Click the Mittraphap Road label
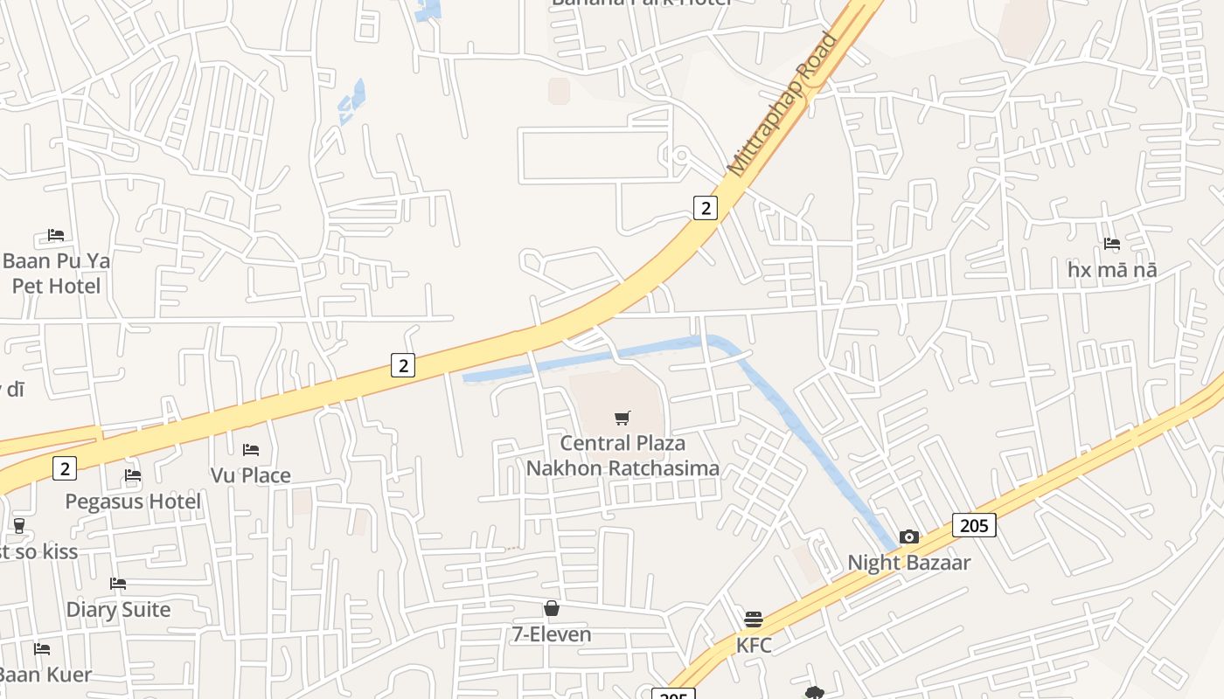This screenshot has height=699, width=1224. (782, 105)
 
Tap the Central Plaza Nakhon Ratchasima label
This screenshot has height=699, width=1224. (622, 455)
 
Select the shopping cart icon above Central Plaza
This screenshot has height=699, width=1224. (622, 419)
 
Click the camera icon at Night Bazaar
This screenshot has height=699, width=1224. (909, 536)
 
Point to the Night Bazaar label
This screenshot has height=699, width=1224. (909, 562)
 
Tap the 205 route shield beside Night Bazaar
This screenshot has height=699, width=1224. (973, 525)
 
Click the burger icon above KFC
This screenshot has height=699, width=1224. (754, 619)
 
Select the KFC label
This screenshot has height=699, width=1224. (754, 645)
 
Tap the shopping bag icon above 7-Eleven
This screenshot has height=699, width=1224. (552, 608)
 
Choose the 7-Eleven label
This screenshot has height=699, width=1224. (552, 633)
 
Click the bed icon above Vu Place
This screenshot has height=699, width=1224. (251, 450)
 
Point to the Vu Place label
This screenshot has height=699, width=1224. (251, 475)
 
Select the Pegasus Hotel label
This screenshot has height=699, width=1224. (133, 502)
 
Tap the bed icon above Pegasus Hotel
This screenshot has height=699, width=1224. (133, 475)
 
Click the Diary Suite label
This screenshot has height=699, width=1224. (118, 609)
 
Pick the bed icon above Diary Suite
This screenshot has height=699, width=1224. (118, 584)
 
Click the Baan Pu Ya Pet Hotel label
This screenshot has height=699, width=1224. (56, 273)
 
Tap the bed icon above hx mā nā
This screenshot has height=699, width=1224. (1112, 244)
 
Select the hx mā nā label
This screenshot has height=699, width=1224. (1112, 270)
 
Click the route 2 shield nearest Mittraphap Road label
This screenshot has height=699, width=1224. (705, 207)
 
